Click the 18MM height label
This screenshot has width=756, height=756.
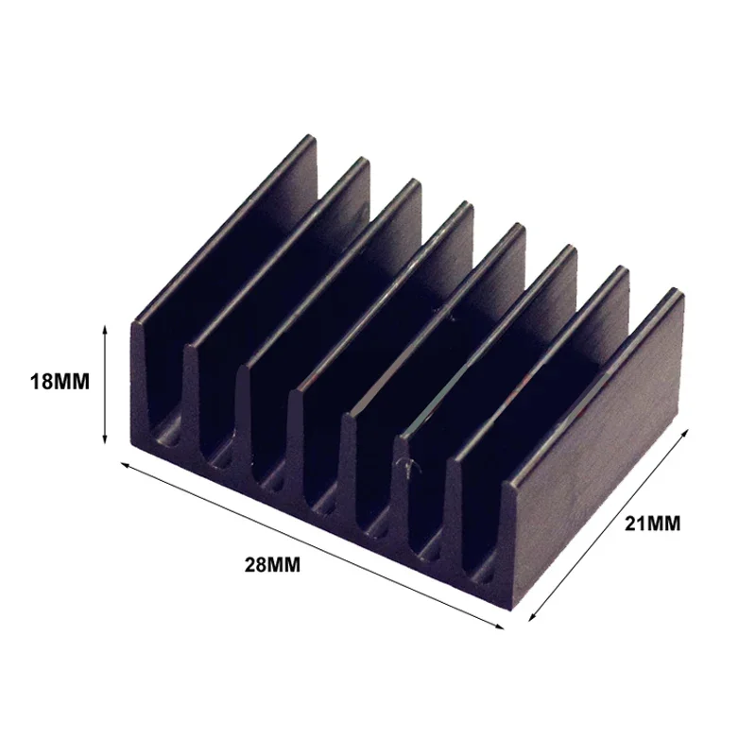click(60, 383)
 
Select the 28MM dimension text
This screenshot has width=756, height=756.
click(271, 566)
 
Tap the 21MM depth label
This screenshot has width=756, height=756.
click(652, 523)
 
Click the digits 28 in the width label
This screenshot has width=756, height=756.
click(256, 566)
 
